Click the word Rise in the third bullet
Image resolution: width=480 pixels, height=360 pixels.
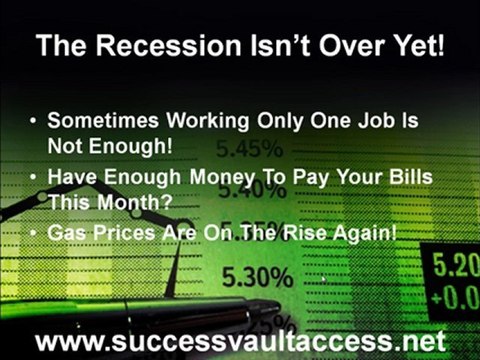(299, 234)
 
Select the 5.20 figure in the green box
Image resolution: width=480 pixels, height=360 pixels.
(458, 268)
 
